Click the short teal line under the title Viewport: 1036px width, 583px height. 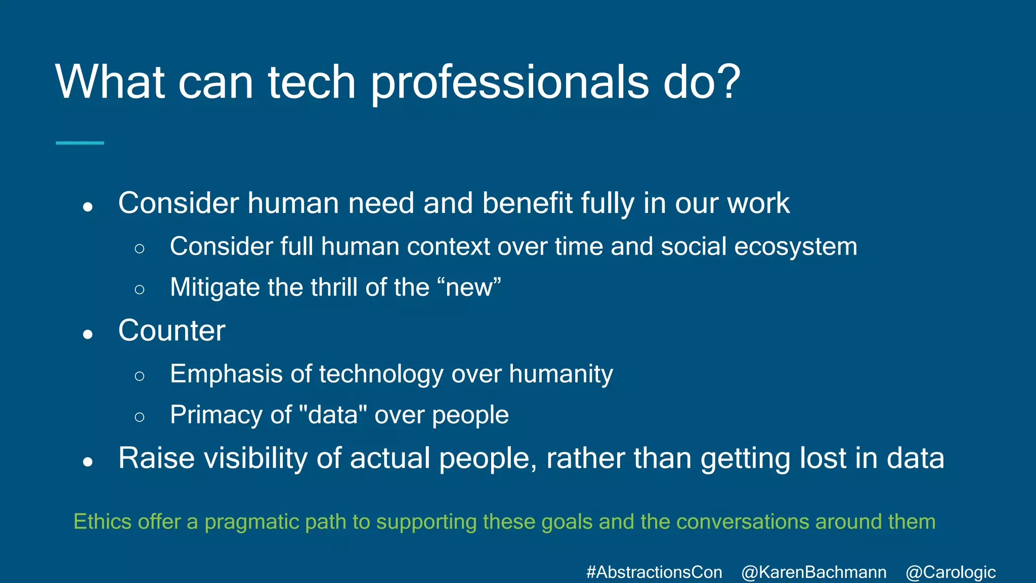pos(79,143)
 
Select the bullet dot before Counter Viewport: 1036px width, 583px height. pos(88,334)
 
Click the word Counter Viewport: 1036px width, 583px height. pos(171,331)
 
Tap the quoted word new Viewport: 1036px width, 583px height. pos(469,287)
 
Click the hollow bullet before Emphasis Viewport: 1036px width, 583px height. pos(140,376)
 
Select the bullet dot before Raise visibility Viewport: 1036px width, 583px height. pos(88,462)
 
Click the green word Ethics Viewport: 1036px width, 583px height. pos(102,522)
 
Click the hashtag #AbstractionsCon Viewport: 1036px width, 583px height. pos(654,572)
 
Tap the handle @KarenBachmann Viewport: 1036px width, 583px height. pos(813,572)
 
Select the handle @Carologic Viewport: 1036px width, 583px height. pos(951,572)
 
